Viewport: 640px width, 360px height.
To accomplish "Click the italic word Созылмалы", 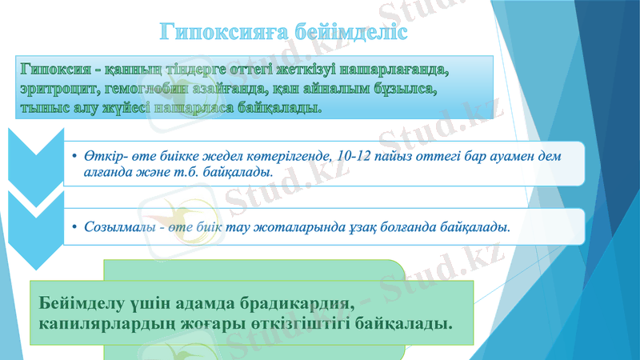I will pyautogui.click(x=120, y=227).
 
